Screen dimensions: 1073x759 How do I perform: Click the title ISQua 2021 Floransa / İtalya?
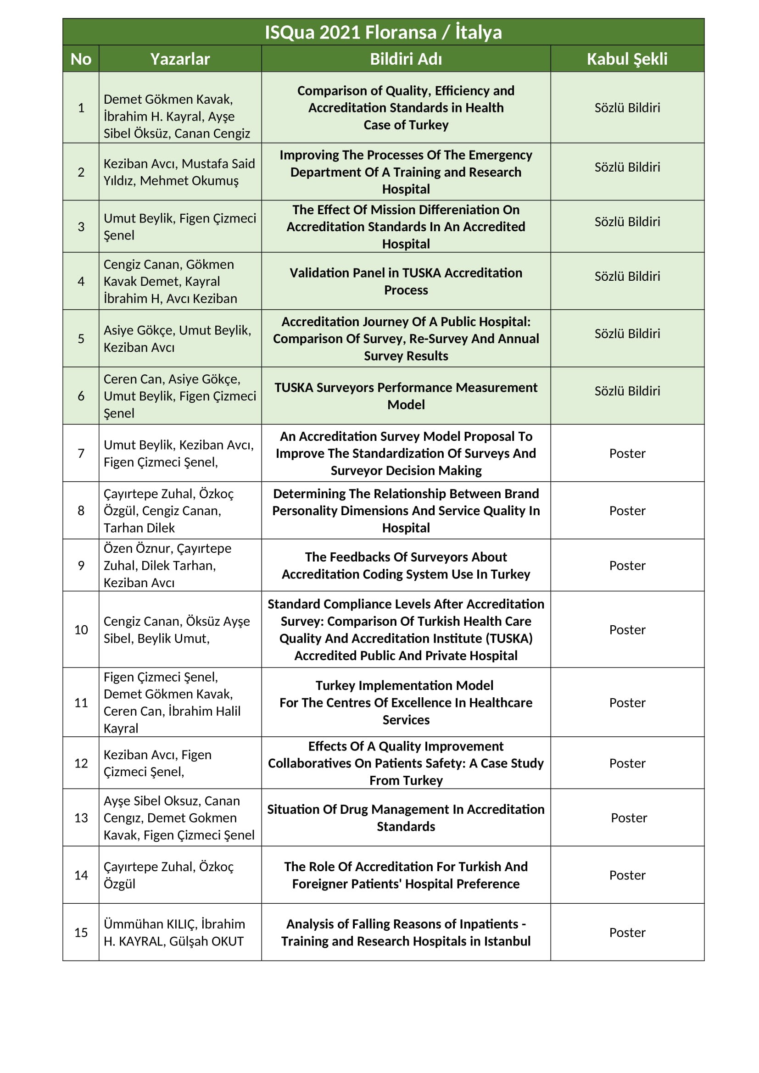[x=383, y=32]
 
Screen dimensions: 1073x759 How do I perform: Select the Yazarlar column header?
[x=180, y=59]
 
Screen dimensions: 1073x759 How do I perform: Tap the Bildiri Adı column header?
[x=406, y=59]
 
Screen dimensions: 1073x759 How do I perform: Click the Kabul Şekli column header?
[x=627, y=59]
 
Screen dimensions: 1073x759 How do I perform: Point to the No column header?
[x=81, y=59]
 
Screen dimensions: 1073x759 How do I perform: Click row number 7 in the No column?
[x=81, y=453]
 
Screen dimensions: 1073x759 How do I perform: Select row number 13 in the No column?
[x=81, y=818]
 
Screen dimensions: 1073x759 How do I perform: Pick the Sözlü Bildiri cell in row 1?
[x=627, y=108]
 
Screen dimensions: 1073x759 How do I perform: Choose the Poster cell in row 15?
[x=627, y=932]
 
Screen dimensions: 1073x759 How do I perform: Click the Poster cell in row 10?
[x=627, y=630]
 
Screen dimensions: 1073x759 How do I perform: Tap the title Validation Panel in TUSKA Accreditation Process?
[x=406, y=281]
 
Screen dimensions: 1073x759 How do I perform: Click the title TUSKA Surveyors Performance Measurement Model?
[x=406, y=396]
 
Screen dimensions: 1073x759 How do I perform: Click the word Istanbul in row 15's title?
[x=507, y=941]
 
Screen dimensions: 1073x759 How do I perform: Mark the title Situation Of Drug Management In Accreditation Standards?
[x=406, y=818]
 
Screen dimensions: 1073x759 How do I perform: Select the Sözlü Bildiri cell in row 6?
[x=627, y=391]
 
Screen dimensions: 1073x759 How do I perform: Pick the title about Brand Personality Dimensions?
[x=406, y=510]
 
